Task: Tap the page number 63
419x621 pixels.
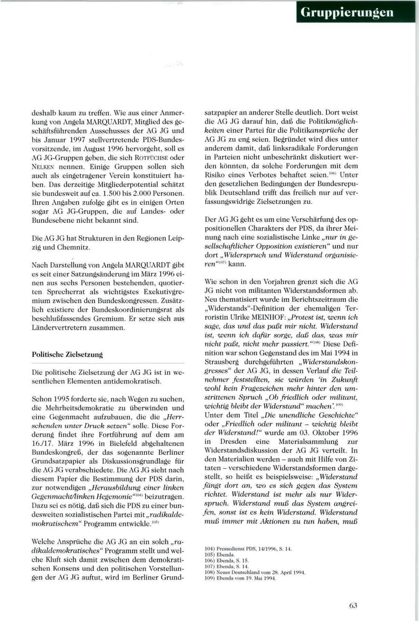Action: point(353,605)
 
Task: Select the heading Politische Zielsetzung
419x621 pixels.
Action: point(67,354)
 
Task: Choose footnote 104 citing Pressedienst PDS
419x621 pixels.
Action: point(249,549)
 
